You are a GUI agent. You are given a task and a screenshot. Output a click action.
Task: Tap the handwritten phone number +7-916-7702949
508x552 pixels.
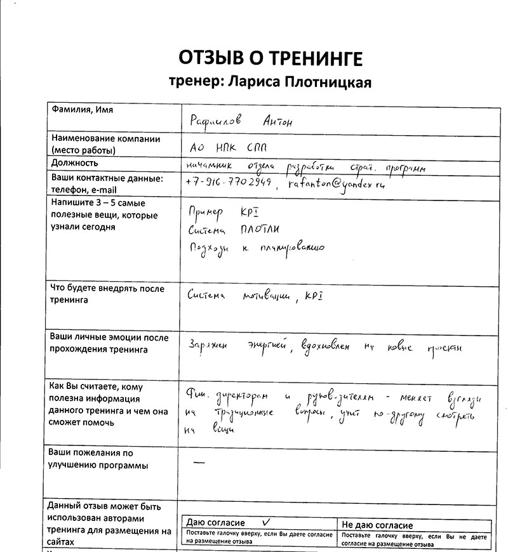(229, 182)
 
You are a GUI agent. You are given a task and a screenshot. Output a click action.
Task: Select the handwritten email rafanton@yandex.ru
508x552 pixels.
(336, 184)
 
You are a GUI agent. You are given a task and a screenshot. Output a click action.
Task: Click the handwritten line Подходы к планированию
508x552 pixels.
(257, 248)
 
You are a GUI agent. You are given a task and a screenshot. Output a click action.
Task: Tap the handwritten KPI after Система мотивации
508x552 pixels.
(316, 295)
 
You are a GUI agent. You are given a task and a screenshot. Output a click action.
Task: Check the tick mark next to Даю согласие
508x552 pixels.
(267, 520)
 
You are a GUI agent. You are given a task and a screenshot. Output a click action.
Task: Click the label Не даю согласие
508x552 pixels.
(377, 525)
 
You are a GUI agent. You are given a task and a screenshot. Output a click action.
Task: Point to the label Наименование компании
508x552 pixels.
(105, 139)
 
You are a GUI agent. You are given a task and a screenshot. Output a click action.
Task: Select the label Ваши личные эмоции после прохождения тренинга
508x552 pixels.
(109, 343)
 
